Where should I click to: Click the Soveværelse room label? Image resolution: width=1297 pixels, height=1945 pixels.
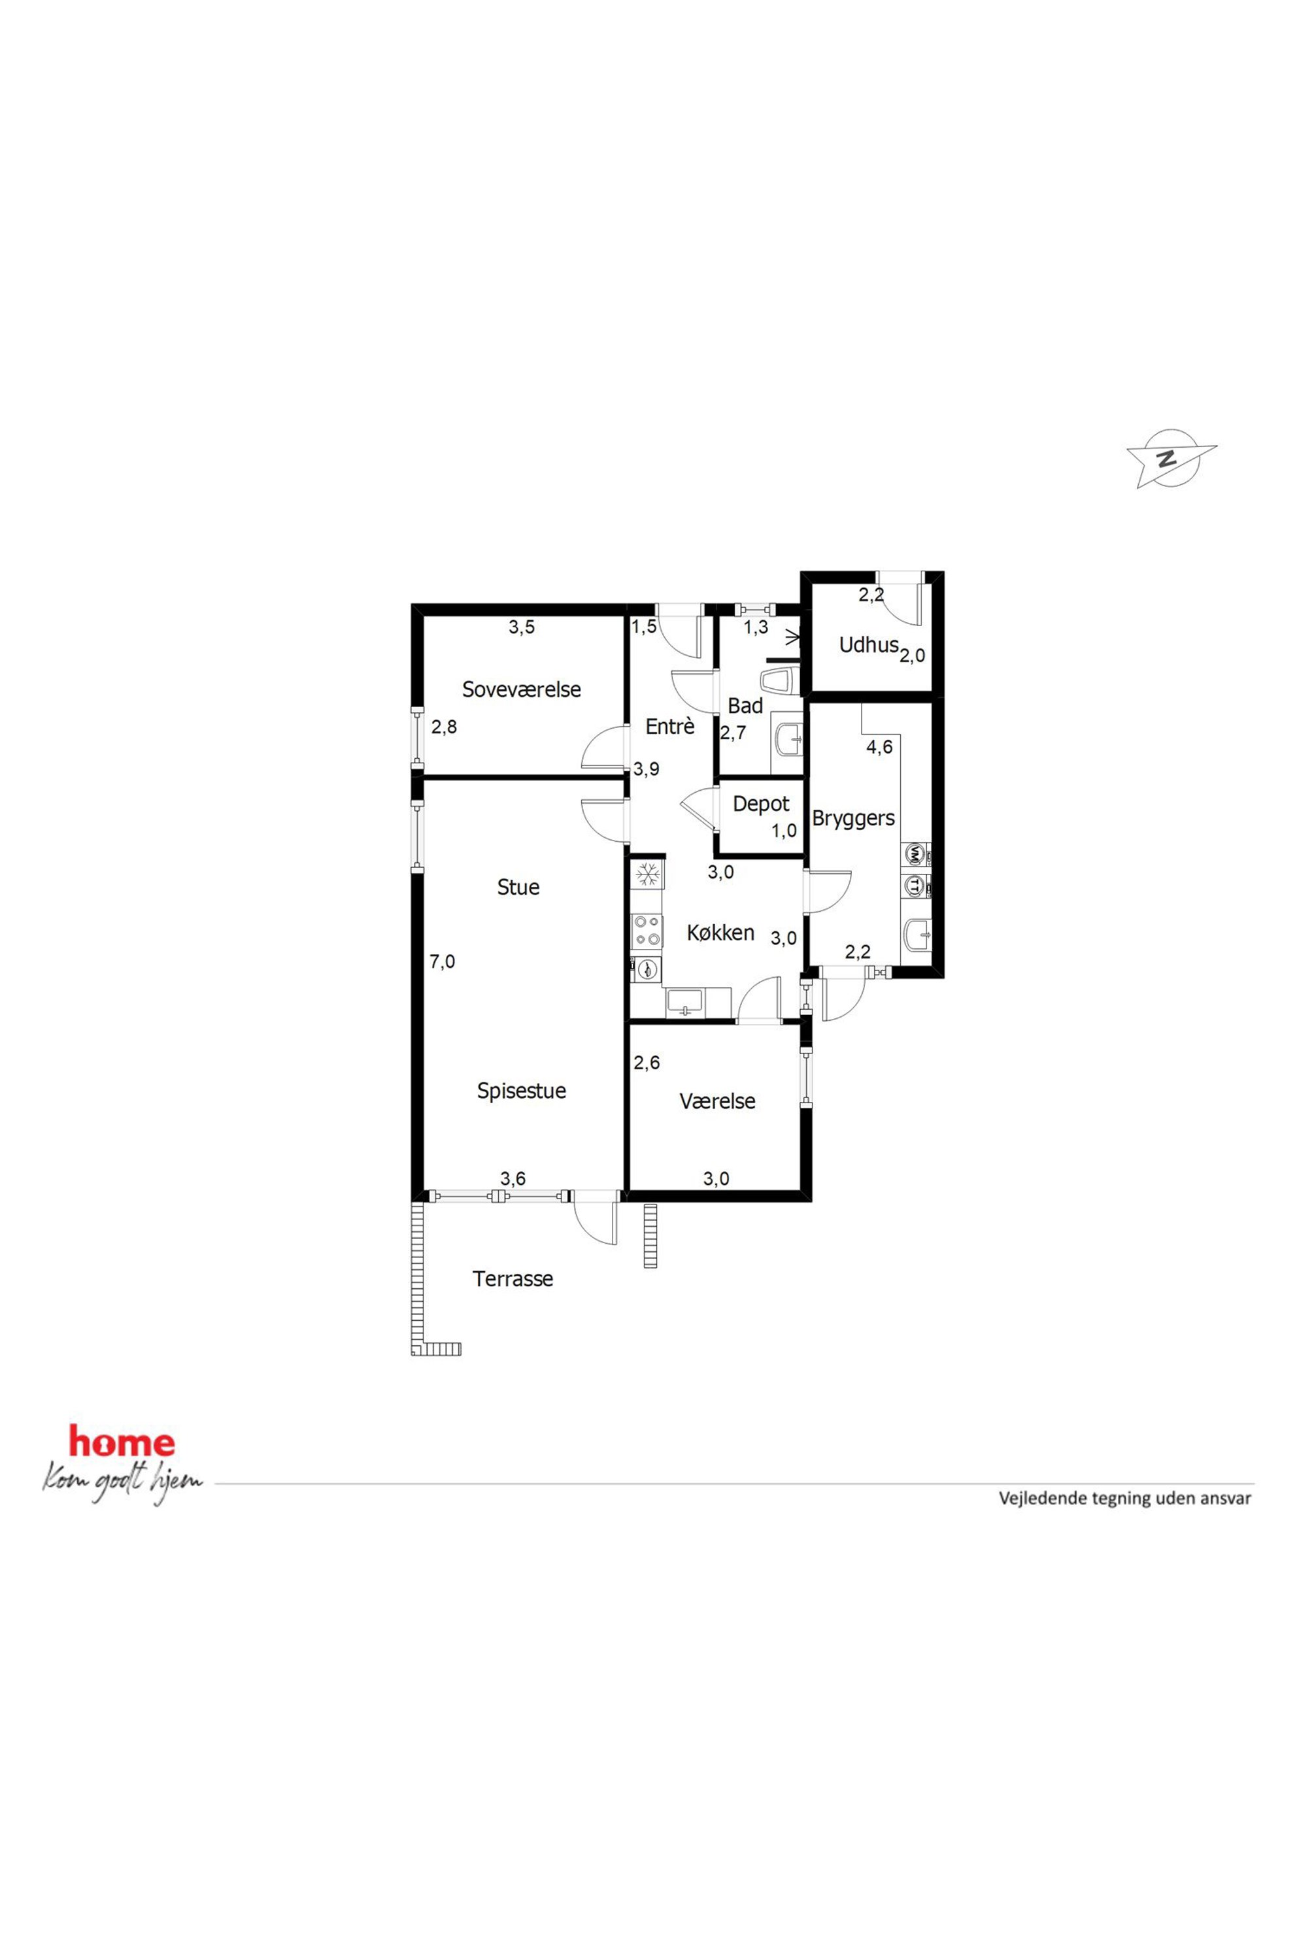521,689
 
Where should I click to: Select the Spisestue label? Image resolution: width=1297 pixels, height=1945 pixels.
521,1091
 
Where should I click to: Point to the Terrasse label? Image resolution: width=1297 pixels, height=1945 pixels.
513,1278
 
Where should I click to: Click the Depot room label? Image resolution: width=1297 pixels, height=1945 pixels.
761,804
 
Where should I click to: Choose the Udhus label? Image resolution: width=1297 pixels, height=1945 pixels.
869,644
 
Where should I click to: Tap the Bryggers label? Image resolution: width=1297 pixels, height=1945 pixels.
854,819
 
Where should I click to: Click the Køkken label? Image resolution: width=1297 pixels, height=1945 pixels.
720,933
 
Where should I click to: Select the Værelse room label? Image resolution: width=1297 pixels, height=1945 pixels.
717,1101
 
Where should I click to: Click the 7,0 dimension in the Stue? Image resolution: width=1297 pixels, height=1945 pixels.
443,962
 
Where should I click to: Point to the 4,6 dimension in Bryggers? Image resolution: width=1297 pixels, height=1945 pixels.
879,747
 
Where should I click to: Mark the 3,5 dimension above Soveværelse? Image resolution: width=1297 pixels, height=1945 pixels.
521,627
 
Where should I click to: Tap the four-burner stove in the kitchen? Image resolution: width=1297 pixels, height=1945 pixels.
647,931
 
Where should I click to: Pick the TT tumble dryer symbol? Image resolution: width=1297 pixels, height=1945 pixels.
915,885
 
